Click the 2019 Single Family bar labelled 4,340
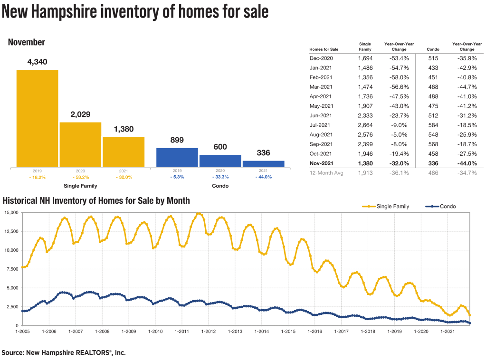pyautogui.click(x=38, y=118)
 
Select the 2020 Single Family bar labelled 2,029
pyautogui.click(x=80, y=144)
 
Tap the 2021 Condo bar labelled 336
pyautogui.click(x=263, y=164)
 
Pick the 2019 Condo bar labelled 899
pyautogui.click(x=177, y=157)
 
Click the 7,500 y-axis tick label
pyautogui.click(x=11, y=269)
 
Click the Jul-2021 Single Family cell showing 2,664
pyautogui.click(x=365, y=125)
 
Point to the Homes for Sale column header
pyautogui.click(x=324, y=49)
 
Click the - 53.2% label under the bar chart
pyautogui.click(x=80, y=177)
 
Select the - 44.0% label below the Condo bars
pyautogui.click(x=263, y=177)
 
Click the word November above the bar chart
pyautogui.click(x=27, y=42)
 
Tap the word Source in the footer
pyautogui.click(x=12, y=353)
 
